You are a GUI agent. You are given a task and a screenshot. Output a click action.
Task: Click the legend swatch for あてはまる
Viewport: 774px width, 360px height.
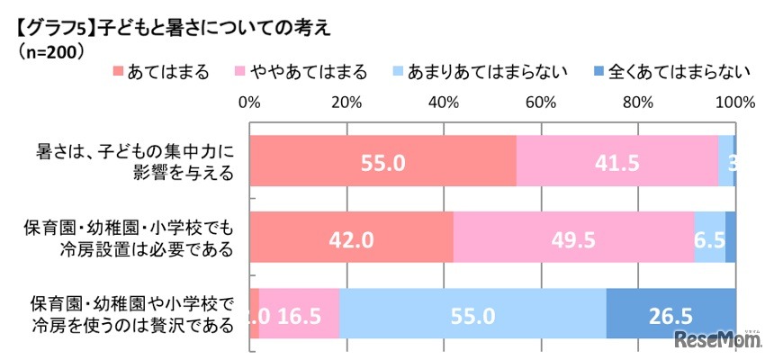(x=118, y=73)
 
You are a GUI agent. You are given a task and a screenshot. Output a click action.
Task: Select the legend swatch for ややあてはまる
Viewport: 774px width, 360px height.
(x=239, y=73)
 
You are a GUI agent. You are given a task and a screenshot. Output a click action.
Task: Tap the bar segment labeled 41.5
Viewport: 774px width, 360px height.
(x=617, y=161)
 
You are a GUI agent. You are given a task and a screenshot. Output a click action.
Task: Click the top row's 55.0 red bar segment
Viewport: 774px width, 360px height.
(x=382, y=161)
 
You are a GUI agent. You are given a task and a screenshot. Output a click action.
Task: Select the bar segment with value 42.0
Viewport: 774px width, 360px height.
(x=351, y=238)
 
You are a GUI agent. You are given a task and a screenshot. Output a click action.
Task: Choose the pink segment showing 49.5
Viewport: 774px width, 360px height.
(x=574, y=238)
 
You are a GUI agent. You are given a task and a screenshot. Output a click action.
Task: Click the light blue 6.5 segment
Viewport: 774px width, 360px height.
(x=709, y=238)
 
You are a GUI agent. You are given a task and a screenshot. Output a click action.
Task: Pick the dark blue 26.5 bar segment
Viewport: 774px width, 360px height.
(x=670, y=313)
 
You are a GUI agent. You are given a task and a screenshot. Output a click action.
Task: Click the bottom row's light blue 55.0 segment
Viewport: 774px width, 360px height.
(x=472, y=313)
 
